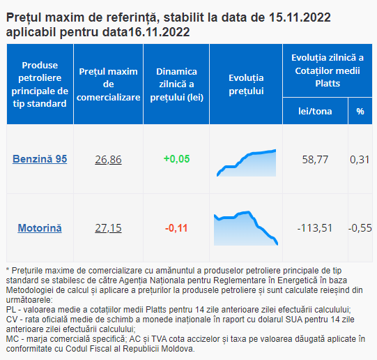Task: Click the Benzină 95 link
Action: tap(40, 159)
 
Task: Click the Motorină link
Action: tap(40, 228)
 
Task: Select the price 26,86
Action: tap(108, 160)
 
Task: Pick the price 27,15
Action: tap(108, 228)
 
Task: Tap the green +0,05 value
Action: tap(177, 159)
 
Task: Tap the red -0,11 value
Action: tap(176, 228)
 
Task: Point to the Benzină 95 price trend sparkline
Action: tap(246, 163)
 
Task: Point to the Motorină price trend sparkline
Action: tap(246, 228)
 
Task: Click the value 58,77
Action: tap(315, 160)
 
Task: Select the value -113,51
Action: tap(315, 228)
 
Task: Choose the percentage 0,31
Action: tap(360, 160)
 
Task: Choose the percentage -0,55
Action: tap(360, 228)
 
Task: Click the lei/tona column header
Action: tap(315, 111)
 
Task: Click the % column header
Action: tap(360, 112)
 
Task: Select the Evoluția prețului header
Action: tap(246, 84)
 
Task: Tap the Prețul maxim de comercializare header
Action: tap(108, 84)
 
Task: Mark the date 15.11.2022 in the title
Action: tap(300, 17)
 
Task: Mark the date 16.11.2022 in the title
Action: tap(159, 32)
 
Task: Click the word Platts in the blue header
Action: tap(328, 84)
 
